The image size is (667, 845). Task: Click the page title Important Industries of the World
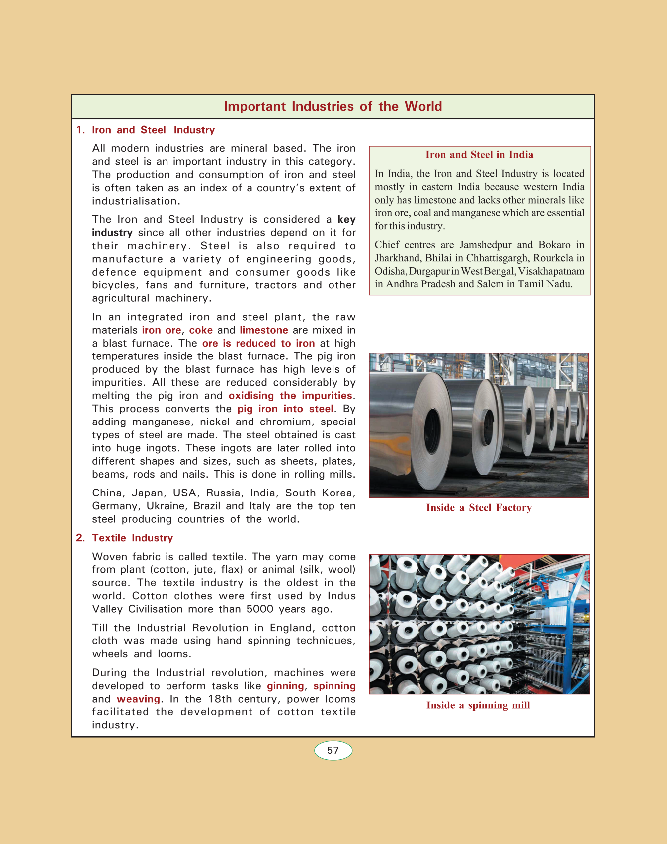(333, 106)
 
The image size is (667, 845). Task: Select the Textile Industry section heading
(132, 538)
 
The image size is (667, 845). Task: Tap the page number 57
(333, 750)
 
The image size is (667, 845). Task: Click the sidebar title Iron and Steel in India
(479, 155)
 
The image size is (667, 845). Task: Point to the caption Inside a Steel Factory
(479, 507)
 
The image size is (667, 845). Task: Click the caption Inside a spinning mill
(478, 705)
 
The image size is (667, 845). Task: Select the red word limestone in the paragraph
(264, 330)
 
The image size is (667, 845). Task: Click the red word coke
(201, 330)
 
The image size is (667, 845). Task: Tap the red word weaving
(138, 699)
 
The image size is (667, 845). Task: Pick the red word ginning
(285, 686)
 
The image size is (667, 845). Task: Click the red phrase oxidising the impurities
(290, 396)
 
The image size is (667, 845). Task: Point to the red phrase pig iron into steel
(285, 409)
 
